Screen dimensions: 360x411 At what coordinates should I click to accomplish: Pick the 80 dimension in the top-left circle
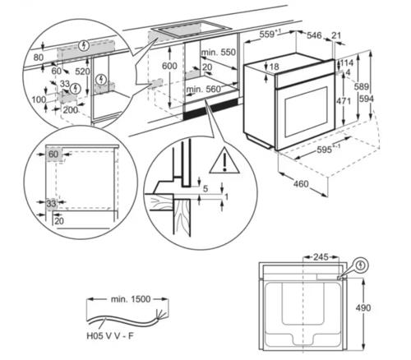tap(38, 58)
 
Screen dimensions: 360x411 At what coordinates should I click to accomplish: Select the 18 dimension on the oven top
tap(274, 66)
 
